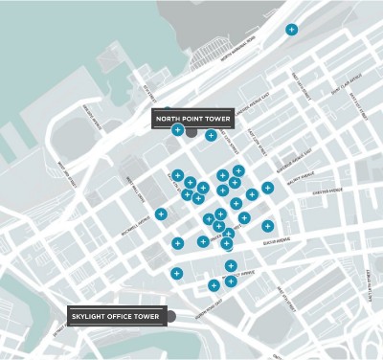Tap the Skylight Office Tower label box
(x=116, y=315)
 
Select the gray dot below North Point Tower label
(x=191, y=131)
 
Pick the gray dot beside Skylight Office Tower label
(x=170, y=315)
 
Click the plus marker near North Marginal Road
(x=291, y=30)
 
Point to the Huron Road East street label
(x=206, y=308)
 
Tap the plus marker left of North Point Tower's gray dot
(x=177, y=129)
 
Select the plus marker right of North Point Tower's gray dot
(x=210, y=135)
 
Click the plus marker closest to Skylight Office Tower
(x=214, y=285)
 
